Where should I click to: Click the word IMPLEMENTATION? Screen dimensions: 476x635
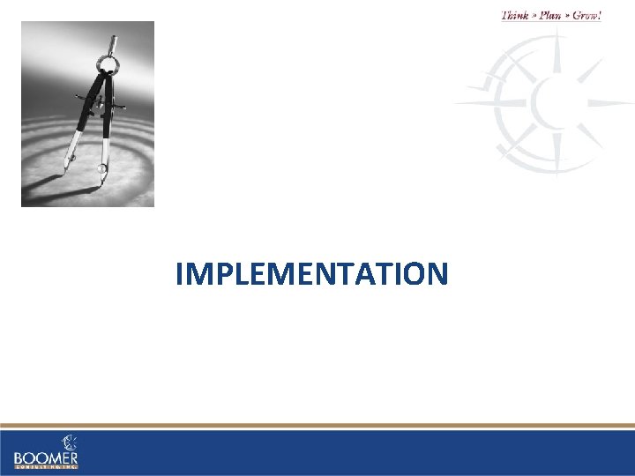[x=311, y=274]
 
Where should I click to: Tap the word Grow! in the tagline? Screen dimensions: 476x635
[x=586, y=15]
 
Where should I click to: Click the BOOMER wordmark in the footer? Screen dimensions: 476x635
[x=46, y=458]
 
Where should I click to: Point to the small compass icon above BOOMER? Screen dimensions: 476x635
[x=68, y=442]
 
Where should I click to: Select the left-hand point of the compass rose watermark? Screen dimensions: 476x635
[x=459, y=101]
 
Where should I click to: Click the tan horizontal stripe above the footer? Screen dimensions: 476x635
[x=317, y=427]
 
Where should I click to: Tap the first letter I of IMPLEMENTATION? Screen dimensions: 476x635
[x=179, y=274]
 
